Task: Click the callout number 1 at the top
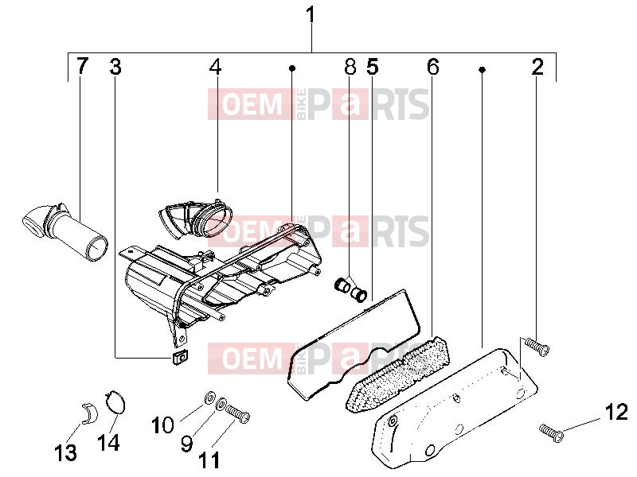tap(311, 15)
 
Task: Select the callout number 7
tap(82, 65)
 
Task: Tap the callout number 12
tap(616, 413)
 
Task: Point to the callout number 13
tap(65, 452)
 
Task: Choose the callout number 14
tap(108, 442)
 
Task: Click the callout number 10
tap(163, 425)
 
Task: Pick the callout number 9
tap(186, 444)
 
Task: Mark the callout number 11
tap(209, 460)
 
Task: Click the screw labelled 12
tap(551, 432)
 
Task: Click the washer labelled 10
tap(209, 397)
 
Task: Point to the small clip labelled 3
tap(180, 358)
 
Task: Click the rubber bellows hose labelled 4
tap(195, 218)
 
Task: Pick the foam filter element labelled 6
tap(397, 374)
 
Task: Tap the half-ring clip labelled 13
tap(90, 413)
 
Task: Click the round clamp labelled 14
tap(115, 401)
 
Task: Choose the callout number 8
tap(350, 66)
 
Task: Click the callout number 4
tap(215, 67)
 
